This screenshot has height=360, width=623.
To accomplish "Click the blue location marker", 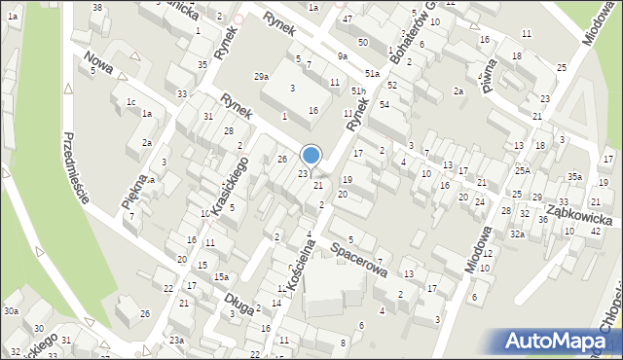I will coord(311,155).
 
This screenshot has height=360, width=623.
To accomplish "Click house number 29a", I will coord(261,76).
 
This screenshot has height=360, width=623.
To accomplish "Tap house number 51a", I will coord(372,73).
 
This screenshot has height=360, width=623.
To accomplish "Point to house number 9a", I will coord(342,55).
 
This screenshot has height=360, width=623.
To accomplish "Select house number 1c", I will coord(129,101).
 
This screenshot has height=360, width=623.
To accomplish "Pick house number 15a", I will coord(221,277).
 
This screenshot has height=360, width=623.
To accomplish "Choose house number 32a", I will coord(518,234).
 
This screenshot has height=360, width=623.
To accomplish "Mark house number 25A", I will coord(523,170).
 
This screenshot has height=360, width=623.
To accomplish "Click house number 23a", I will coord(176,340).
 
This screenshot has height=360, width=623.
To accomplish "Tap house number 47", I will coord(348,19).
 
